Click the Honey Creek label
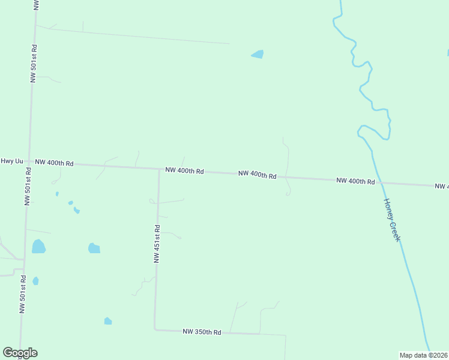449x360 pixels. point(392,220)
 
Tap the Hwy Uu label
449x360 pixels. point(12,161)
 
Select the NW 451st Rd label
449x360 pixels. point(157,244)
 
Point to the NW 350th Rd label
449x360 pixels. point(202,332)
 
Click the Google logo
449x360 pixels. point(20,353)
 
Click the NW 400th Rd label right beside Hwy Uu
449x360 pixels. point(54,163)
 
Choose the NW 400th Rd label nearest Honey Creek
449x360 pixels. point(355,181)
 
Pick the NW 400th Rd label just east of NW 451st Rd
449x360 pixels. point(185,171)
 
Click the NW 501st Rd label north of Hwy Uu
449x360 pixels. point(34,63)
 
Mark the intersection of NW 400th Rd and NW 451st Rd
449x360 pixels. point(159,169)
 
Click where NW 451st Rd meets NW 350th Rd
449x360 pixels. point(155,329)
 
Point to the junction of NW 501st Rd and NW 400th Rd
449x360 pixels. point(29,162)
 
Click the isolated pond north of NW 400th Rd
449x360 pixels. point(258,54)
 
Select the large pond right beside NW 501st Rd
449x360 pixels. point(38,246)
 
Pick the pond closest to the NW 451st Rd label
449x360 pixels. point(94,248)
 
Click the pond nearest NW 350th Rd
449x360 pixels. point(108,321)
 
